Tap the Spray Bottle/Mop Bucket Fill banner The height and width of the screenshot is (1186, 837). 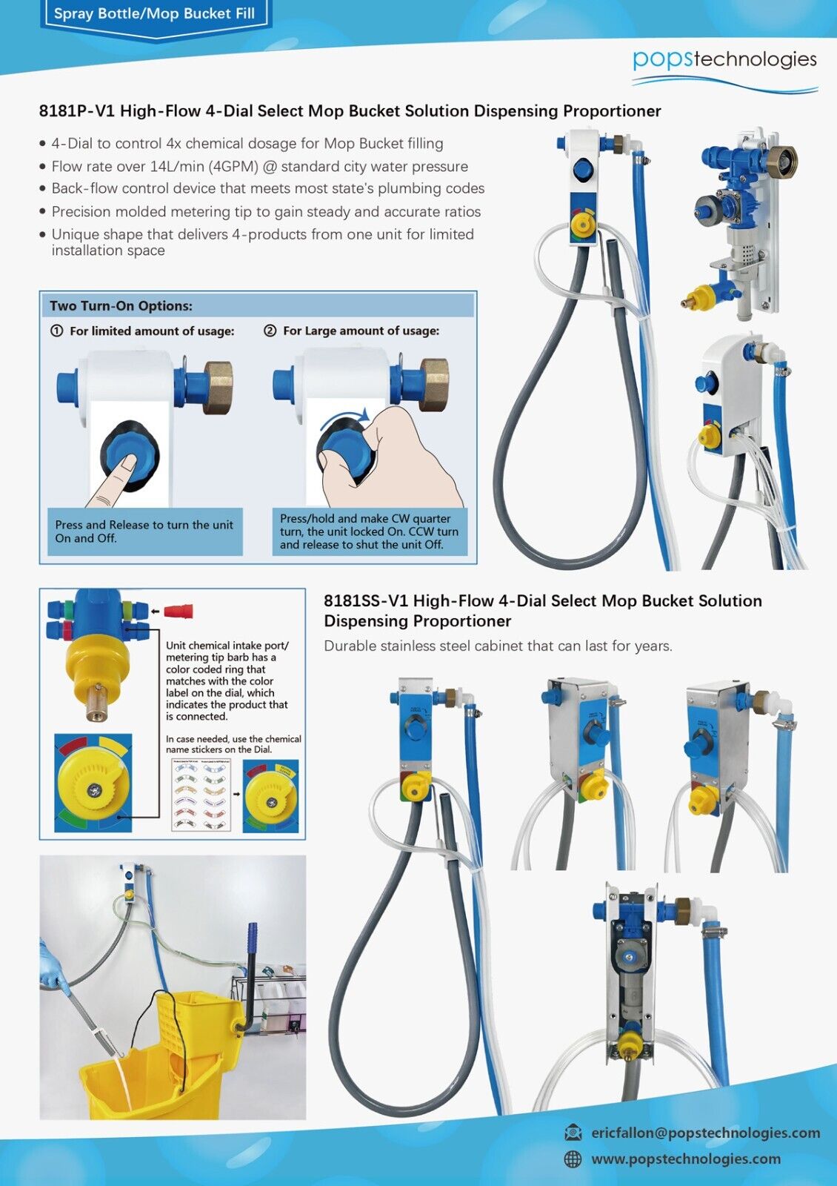point(154,14)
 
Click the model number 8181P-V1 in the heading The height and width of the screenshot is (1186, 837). point(77,111)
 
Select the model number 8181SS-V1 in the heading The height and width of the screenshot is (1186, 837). point(365,601)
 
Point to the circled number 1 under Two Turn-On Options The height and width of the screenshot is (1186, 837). point(56,331)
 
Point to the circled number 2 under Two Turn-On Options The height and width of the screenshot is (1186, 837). point(270,331)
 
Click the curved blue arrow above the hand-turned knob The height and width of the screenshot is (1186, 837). point(344,417)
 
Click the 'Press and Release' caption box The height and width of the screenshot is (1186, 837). point(144,531)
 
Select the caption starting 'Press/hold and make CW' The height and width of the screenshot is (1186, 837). point(369,531)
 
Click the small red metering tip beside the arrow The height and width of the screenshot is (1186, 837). point(178,612)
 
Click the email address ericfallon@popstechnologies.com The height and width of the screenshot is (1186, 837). point(705,1133)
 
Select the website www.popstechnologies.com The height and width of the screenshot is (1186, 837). point(685,1159)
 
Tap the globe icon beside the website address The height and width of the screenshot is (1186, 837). point(573,1159)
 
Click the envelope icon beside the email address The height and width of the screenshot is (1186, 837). point(573,1133)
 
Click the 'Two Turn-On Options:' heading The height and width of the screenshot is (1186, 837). point(121,305)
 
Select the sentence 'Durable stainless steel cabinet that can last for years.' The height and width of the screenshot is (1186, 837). point(498,646)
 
